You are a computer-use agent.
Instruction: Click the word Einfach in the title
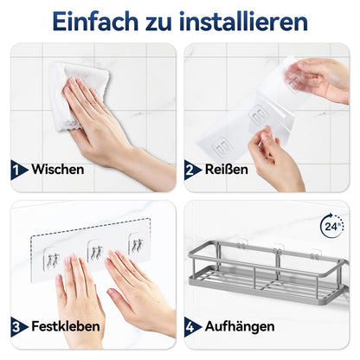coord(95,22)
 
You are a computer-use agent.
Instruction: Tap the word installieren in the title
coord(243,21)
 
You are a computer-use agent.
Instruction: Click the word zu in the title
coord(158,24)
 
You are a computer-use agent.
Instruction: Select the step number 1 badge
coord(18,170)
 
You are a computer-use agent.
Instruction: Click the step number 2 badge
coord(192,170)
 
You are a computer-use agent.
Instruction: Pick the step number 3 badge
coord(18,327)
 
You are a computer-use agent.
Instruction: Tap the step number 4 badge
coord(192,327)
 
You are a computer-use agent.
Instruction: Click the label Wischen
coord(58,169)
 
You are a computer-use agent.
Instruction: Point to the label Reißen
coord(227,169)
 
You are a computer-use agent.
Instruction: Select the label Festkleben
coord(66,326)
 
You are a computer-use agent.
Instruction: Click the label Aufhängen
coord(240,327)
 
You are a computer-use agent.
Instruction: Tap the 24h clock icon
coord(332,226)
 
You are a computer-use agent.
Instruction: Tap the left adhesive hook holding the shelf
coord(242,244)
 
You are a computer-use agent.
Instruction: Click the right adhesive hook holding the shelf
coord(315,254)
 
